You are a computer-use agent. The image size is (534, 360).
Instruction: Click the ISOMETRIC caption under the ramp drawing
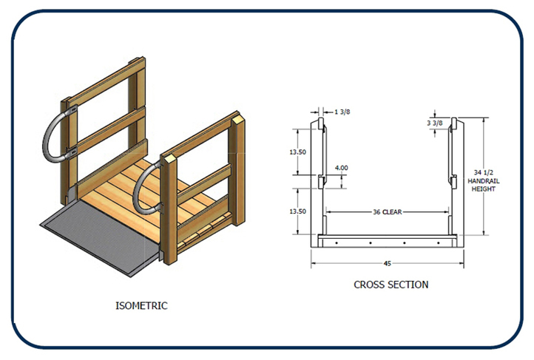[142, 305]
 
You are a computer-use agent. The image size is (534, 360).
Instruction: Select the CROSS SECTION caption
[391, 284]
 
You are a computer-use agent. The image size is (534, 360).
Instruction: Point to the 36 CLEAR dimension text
[387, 212]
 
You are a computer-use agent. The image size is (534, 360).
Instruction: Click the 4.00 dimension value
[341, 169]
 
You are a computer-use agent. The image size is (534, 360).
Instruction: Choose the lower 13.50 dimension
[297, 211]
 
